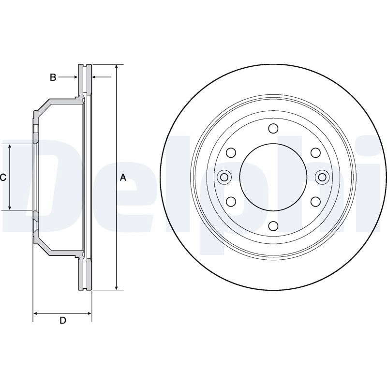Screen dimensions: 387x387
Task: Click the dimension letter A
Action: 123,177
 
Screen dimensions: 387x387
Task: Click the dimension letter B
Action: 53,77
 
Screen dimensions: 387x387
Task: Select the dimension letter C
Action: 3,177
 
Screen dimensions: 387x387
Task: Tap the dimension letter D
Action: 63,320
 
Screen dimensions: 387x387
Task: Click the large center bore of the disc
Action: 273,177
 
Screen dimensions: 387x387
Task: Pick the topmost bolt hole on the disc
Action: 273,128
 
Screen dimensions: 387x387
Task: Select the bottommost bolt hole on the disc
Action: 273,226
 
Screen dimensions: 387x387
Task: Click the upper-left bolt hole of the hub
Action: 231,153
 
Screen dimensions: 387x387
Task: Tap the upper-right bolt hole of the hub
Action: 315,153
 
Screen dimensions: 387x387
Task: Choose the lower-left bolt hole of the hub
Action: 231,202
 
